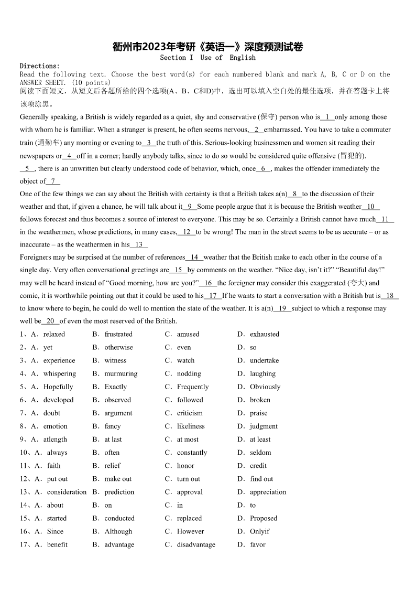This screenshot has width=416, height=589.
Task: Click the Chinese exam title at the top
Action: [208, 47]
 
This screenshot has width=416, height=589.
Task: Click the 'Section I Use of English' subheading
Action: [208, 58]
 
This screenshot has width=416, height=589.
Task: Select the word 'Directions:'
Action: [40, 66]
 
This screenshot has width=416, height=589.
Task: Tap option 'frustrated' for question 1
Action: [118, 334]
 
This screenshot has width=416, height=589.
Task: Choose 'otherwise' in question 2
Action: [118, 347]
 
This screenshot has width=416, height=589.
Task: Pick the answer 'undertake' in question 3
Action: [264, 360]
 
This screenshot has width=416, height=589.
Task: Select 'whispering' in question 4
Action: [59, 373]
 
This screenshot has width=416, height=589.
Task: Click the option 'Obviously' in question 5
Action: [265, 387]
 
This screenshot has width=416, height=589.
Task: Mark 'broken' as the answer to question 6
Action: [260, 400]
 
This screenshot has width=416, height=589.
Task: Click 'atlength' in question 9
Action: [55, 439]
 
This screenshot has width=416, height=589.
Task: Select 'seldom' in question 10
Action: [260, 452]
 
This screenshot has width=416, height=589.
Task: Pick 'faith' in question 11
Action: [53, 465]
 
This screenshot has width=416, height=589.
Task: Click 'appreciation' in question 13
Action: [268, 491]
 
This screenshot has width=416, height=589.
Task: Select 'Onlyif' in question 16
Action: [259, 531]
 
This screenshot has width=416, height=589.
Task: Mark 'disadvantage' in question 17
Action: [196, 544]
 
